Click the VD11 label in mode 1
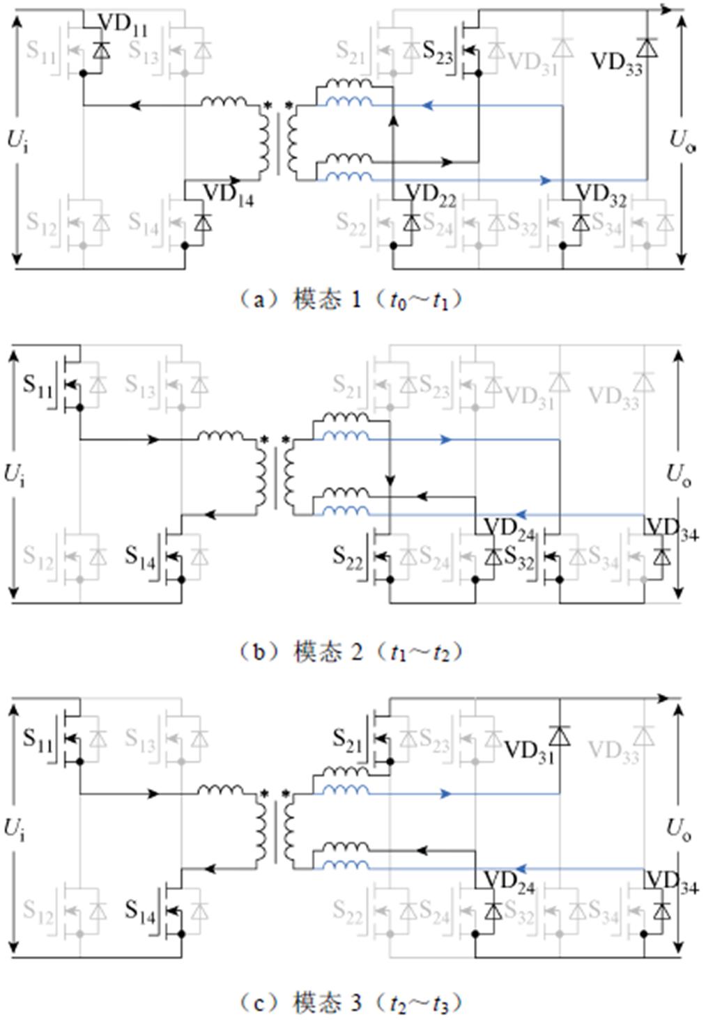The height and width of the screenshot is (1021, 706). click(x=123, y=25)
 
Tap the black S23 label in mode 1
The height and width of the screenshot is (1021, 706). click(x=438, y=52)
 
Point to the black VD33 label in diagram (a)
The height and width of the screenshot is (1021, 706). click(x=616, y=63)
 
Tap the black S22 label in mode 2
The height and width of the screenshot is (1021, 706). click(x=348, y=556)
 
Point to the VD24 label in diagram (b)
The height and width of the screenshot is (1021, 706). click(x=509, y=528)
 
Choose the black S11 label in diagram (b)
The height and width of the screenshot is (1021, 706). click(x=38, y=385)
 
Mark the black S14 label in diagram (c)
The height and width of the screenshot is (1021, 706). click(x=141, y=910)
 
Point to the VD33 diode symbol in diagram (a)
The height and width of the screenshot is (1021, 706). click(x=647, y=47)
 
